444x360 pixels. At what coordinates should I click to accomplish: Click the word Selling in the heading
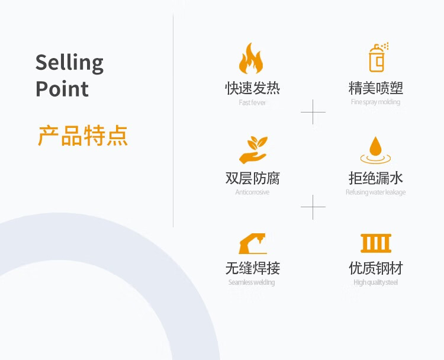click(69, 63)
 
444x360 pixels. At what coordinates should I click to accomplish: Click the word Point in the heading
click(62, 89)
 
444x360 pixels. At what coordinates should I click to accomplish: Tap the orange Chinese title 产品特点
click(83, 136)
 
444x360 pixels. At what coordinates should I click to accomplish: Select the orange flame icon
click(251, 58)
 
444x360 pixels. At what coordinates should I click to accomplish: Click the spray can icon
click(377, 57)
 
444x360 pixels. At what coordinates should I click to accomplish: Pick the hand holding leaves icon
click(253, 150)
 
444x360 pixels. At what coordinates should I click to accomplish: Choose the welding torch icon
click(252, 243)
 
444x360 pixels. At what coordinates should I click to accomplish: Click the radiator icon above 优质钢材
click(376, 243)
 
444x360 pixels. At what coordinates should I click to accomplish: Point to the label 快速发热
click(252, 88)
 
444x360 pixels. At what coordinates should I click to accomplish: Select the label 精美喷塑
click(376, 88)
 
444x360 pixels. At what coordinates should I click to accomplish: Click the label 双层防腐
click(252, 178)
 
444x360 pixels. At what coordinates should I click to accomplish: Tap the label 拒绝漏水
click(376, 178)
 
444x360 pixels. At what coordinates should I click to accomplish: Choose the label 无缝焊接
click(252, 268)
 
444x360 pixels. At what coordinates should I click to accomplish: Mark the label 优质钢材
click(376, 268)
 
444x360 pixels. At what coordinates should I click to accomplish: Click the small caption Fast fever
click(252, 102)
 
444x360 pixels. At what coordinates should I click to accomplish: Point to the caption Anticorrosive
click(252, 192)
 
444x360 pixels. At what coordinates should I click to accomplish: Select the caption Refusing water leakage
click(376, 192)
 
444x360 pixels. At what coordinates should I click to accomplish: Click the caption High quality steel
click(376, 282)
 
